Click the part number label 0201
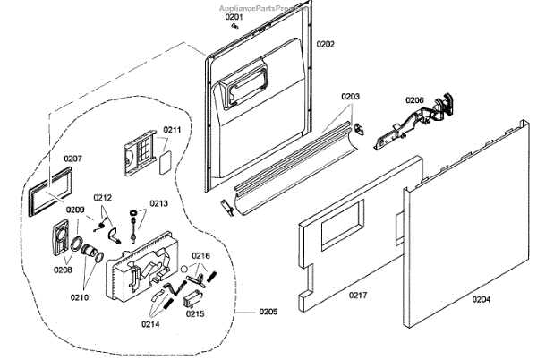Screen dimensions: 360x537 (234, 17)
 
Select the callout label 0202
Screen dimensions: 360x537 (325, 44)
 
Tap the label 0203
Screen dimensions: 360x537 (349, 96)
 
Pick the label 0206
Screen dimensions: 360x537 (413, 99)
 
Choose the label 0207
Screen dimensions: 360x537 (73, 159)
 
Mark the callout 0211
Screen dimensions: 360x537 (172, 131)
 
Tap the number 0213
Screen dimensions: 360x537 (158, 203)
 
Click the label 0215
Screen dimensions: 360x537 (195, 313)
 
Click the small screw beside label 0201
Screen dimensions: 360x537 (234, 27)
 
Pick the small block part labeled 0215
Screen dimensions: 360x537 (193, 301)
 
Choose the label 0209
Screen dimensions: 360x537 (75, 210)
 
